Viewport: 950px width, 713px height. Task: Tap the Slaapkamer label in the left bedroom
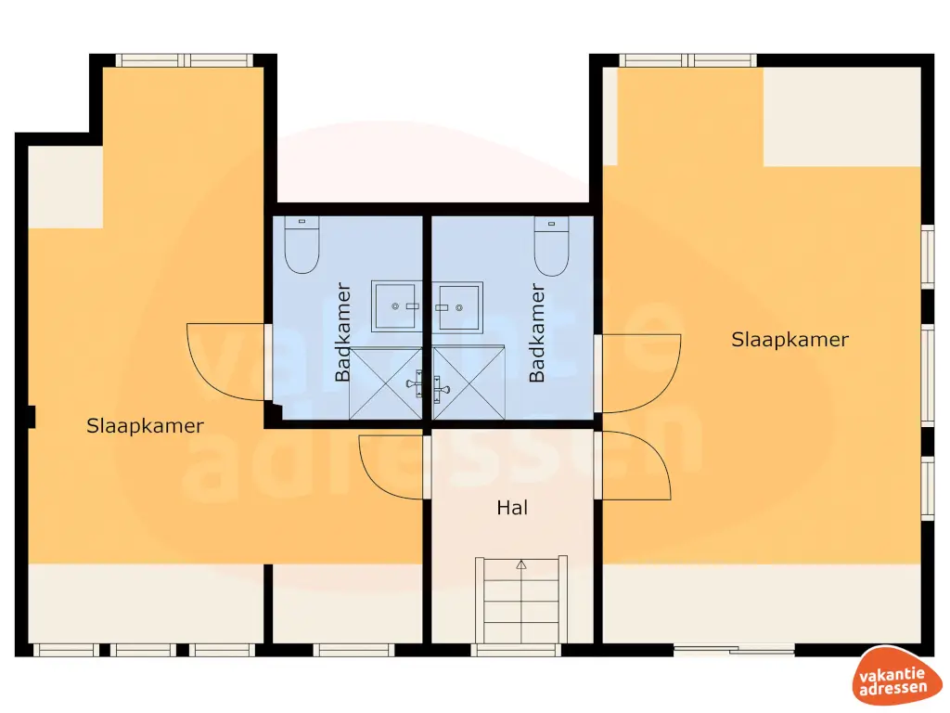point(145,426)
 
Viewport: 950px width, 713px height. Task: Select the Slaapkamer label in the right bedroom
point(790,340)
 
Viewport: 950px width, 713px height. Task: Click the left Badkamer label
point(343,332)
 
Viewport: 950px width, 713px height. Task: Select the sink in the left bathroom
point(396,305)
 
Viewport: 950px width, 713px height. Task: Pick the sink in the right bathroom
point(458,305)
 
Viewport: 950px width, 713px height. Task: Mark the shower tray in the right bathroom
point(469,382)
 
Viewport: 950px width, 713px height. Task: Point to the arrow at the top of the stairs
point(520,564)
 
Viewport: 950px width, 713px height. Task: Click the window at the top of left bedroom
point(184,60)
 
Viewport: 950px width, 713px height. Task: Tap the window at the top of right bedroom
point(687,60)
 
